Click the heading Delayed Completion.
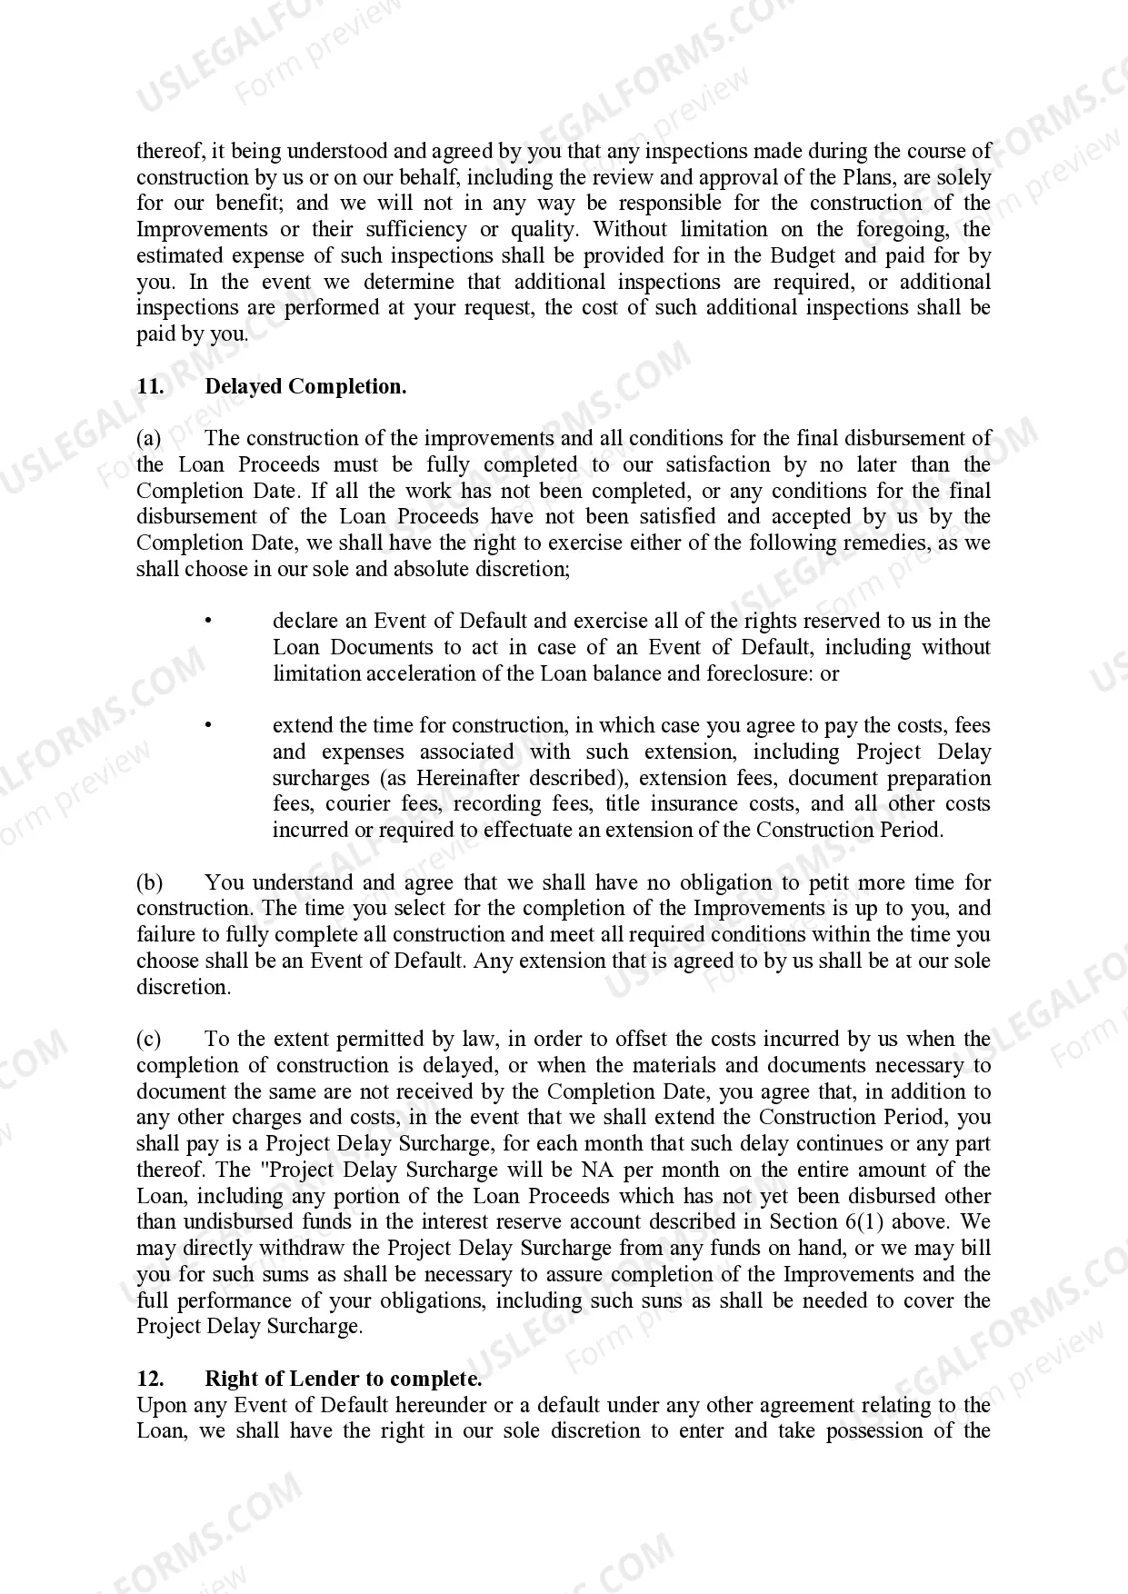point(305,386)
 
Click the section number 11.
point(150,386)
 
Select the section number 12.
point(150,1379)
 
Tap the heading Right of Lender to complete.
point(343,1379)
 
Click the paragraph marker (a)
point(149,439)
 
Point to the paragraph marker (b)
point(149,882)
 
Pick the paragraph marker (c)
point(149,1040)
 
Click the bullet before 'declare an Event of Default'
point(208,622)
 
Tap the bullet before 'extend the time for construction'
point(208,726)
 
